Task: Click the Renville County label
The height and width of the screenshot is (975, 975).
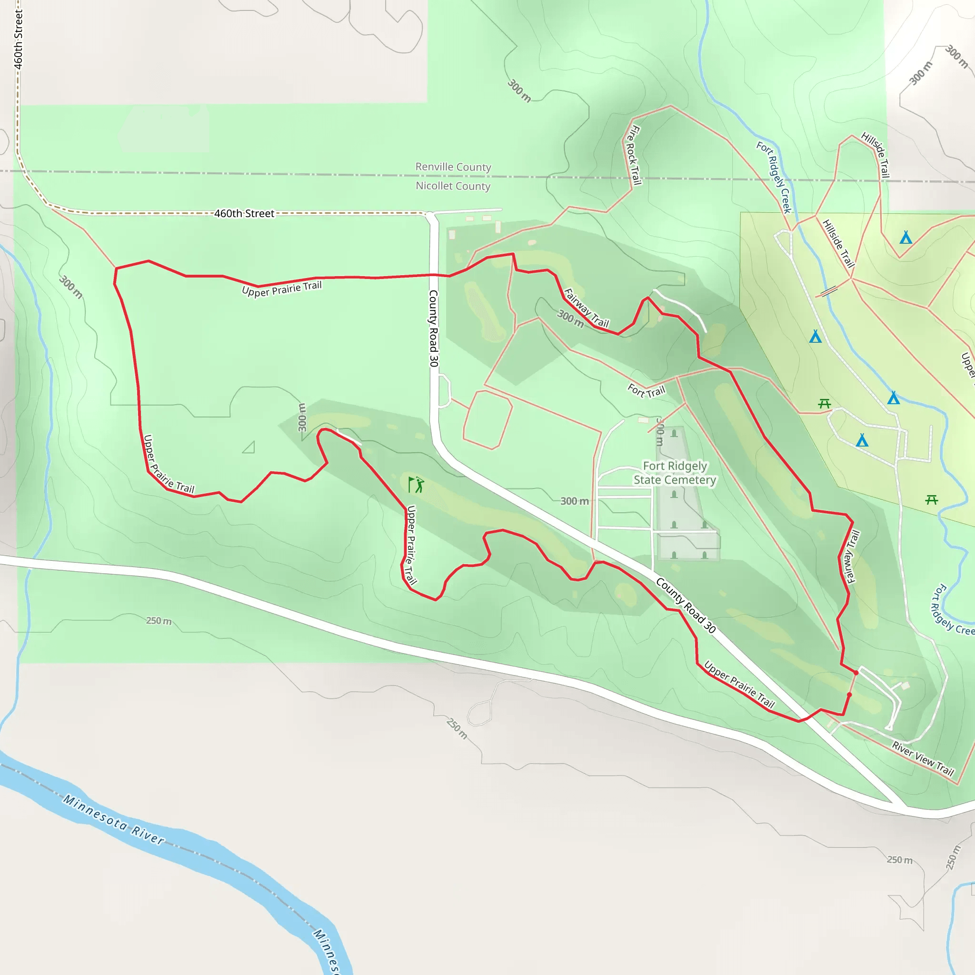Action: pyautogui.click(x=453, y=167)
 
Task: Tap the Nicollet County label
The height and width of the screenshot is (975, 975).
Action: pyautogui.click(x=453, y=186)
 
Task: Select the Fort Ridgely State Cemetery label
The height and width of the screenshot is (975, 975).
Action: pyautogui.click(x=675, y=473)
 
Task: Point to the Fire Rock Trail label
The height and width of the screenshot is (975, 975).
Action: pyautogui.click(x=634, y=155)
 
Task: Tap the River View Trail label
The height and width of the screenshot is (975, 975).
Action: pyautogui.click(x=923, y=758)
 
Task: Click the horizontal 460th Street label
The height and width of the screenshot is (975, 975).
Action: pyautogui.click(x=244, y=213)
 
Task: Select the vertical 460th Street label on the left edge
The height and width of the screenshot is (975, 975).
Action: pyautogui.click(x=18, y=40)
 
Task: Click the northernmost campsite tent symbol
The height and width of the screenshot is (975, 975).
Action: pyautogui.click(x=906, y=237)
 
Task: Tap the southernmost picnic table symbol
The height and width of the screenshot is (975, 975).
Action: pyautogui.click(x=932, y=499)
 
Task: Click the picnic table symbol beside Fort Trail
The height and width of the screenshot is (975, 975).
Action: pyautogui.click(x=825, y=403)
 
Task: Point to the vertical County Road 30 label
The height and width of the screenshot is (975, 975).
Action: pyautogui.click(x=434, y=328)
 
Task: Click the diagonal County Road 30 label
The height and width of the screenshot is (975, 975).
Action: pyautogui.click(x=686, y=605)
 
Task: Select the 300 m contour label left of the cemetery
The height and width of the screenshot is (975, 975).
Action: pyautogui.click(x=574, y=501)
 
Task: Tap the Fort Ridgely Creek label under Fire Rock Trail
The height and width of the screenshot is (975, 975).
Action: pyautogui.click(x=773, y=177)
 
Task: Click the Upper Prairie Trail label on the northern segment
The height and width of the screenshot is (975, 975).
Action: pyautogui.click(x=282, y=289)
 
